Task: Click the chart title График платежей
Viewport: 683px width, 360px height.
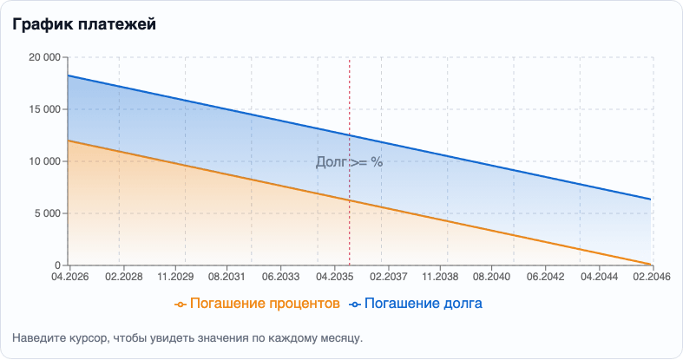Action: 84,24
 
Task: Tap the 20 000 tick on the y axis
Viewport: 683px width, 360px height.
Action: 44,57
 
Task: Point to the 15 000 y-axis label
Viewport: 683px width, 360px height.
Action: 44,109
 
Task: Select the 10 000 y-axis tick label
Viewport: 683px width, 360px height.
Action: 44,161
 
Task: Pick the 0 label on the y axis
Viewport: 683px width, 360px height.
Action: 57,265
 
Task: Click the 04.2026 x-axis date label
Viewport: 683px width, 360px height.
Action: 68,277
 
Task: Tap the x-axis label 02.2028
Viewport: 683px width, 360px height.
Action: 123,277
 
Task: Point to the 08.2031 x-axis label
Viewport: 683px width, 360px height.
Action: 227,277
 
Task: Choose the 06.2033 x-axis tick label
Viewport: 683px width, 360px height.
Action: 280,277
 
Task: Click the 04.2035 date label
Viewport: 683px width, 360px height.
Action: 334,277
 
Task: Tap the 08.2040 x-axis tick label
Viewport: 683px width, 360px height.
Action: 493,277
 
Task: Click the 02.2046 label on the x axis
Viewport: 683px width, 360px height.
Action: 651,277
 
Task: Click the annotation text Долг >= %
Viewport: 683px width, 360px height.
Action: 348,161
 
